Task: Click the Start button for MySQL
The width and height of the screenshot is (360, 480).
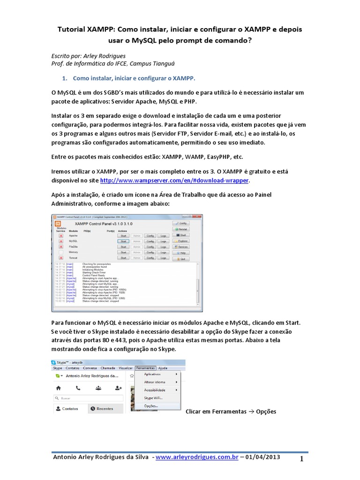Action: coord(123,241)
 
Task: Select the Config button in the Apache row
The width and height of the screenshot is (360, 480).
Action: coord(150,235)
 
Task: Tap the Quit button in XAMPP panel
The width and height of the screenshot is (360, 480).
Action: coord(181,258)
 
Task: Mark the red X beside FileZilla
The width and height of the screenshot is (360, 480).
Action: coord(60,247)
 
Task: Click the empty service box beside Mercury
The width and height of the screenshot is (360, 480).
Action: coord(60,252)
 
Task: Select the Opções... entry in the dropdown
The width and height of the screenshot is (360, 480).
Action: coord(151,406)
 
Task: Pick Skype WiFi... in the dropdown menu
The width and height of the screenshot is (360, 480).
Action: coord(154,397)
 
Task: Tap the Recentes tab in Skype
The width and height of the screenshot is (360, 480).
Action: coord(102,408)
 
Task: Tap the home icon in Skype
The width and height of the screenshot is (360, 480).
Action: coord(58,388)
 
